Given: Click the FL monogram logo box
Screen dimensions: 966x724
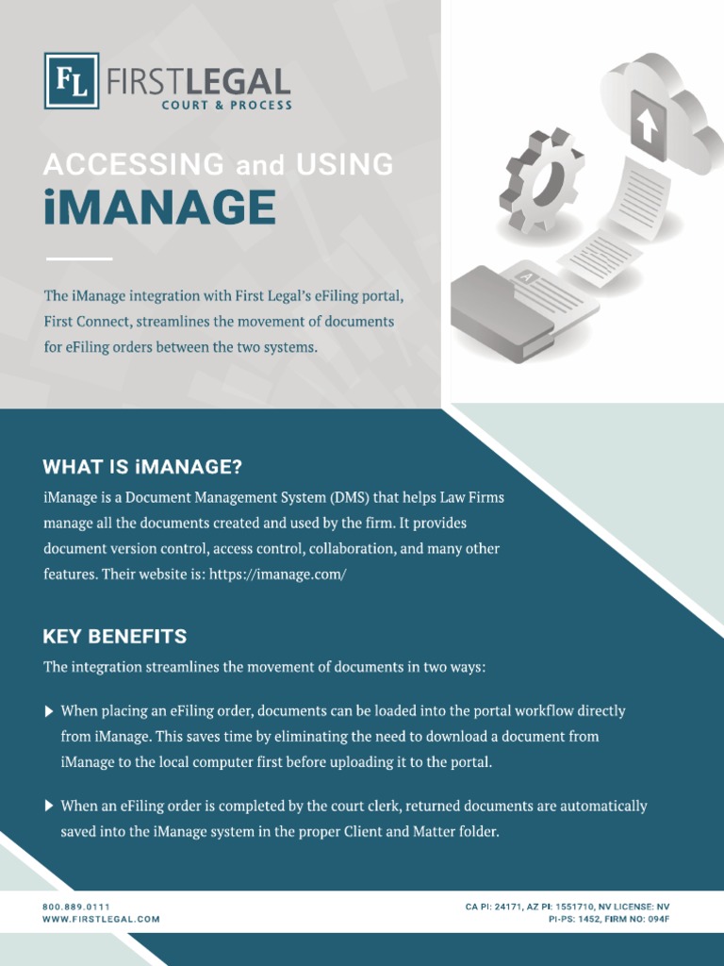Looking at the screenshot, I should (x=72, y=81).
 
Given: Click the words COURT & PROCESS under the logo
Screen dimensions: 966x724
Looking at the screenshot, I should (x=226, y=106).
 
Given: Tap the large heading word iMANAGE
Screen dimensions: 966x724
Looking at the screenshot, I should (x=159, y=208).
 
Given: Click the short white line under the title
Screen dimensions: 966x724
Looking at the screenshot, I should (x=78, y=258).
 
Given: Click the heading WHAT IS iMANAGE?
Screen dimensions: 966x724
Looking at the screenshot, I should (x=142, y=467).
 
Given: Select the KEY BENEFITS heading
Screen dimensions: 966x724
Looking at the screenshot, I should (x=115, y=636).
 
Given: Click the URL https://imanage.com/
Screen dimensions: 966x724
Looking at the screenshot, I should (x=278, y=574).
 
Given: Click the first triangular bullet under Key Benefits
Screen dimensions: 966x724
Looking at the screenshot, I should (x=49, y=711).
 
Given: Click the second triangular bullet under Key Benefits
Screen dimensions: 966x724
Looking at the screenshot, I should (x=49, y=807).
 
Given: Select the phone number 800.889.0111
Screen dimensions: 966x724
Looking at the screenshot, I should (x=76, y=907).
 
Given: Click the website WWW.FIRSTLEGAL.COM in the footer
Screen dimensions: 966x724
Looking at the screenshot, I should (x=101, y=919).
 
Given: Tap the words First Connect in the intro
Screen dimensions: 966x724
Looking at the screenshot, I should (x=85, y=322).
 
